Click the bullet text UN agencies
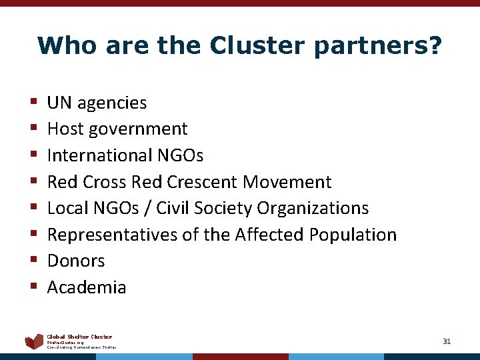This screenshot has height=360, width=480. coord(97,103)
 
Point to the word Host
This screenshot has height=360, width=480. coord(64,129)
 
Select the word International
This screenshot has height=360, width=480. coord(99,155)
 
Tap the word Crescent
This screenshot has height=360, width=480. coord(203,181)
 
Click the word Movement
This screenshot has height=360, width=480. coord(287,181)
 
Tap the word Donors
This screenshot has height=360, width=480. coord(76,261)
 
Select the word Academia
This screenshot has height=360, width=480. coord(87,287)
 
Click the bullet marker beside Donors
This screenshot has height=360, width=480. coord(33,261)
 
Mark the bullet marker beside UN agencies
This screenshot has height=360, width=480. coord(33,103)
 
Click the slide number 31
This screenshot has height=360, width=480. coord(447,341)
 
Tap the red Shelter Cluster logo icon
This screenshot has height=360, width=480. coord(34,342)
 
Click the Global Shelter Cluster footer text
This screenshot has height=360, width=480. coord(79,337)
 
